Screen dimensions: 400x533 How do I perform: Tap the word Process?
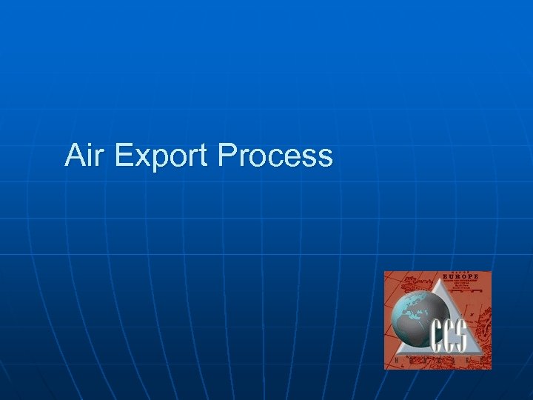click(x=275, y=156)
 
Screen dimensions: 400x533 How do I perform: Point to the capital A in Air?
click(x=76, y=156)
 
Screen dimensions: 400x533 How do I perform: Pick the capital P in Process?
click(x=227, y=156)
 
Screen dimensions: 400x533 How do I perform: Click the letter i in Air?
click(x=91, y=155)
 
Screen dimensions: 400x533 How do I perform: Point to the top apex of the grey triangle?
click(x=438, y=275)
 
